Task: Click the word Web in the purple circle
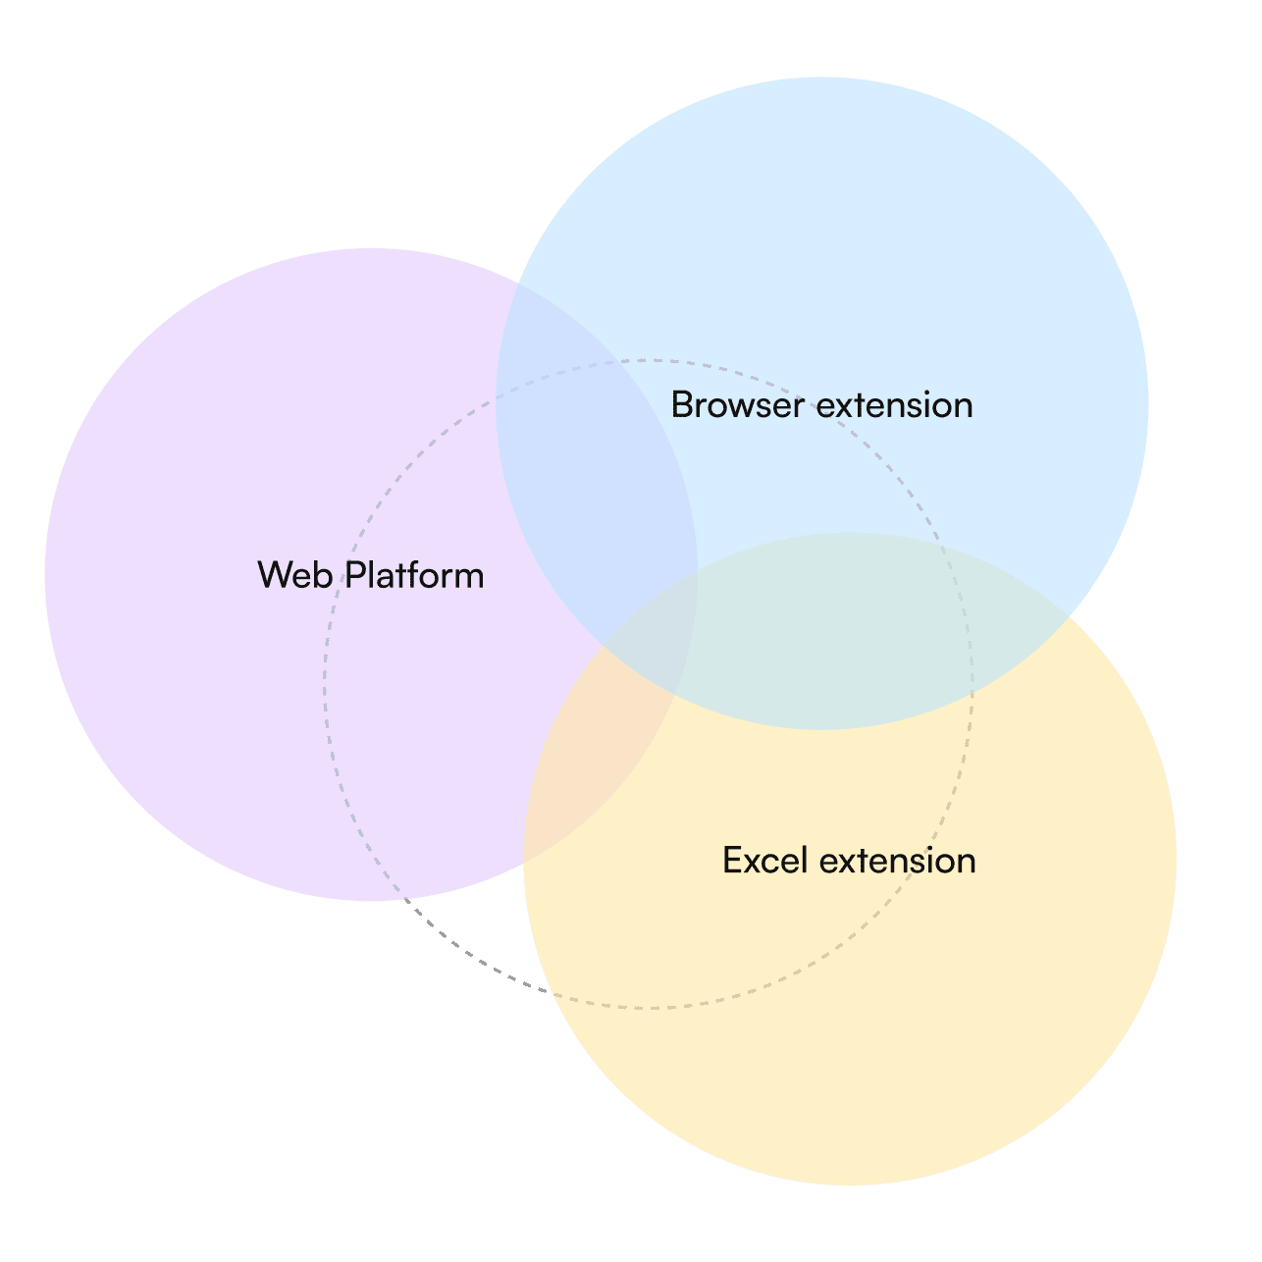[x=295, y=575]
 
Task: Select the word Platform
[x=415, y=575]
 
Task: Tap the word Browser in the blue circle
[x=738, y=404]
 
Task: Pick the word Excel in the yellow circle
[x=764, y=860]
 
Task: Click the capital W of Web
[x=275, y=575]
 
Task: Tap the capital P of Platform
[x=355, y=575]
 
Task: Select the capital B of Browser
[x=682, y=404]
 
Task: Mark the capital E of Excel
[x=732, y=860]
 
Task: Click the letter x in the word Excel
[x=754, y=865]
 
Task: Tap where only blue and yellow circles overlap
[x=852, y=629]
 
